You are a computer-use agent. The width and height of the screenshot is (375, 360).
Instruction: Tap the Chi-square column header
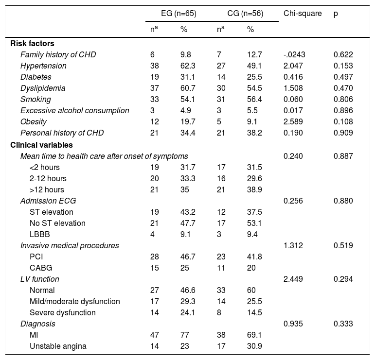[303, 14]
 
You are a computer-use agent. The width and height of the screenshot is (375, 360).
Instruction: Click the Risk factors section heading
[33, 43]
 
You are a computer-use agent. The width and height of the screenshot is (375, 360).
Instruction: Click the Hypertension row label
[43, 66]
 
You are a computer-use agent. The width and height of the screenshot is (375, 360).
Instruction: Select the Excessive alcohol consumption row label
[74, 110]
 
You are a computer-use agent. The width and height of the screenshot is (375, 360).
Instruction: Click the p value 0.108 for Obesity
[343, 121]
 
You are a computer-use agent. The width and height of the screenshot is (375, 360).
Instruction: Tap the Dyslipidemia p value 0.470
[343, 88]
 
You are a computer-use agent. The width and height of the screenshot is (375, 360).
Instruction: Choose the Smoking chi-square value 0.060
[292, 99]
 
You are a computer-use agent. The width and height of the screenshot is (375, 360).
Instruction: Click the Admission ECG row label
[48, 201]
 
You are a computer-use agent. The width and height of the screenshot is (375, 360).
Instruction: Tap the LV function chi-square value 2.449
[292, 279]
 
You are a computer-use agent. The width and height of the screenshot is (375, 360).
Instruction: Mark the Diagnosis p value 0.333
[343, 324]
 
